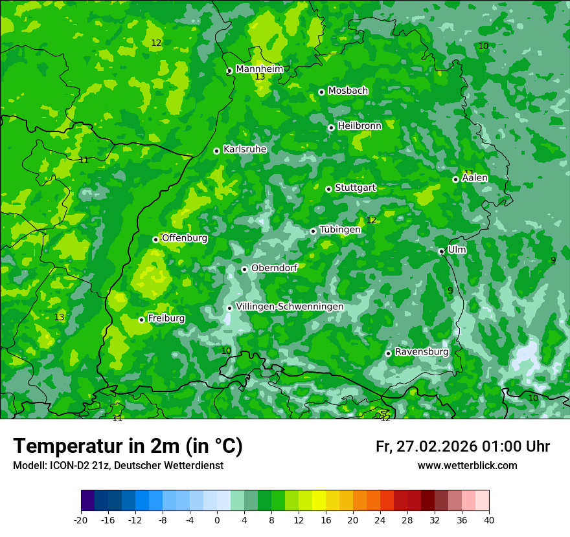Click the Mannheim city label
click(259, 69)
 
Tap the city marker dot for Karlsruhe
click(216, 151)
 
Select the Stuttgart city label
click(355, 188)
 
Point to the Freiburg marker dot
click(141, 320)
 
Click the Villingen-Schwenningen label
click(290, 306)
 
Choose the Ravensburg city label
click(421, 351)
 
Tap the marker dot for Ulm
click(441, 251)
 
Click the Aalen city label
click(475, 177)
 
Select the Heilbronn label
click(359, 126)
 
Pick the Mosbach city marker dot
click(321, 92)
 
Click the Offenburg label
click(185, 237)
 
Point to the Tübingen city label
click(340, 229)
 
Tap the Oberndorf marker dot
click(244, 269)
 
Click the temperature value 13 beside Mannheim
click(260, 77)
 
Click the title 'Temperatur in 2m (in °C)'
click(128, 446)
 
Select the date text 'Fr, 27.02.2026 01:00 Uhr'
click(462, 446)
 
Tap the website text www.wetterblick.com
click(467, 465)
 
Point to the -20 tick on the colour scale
click(81, 520)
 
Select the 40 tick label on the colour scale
click(489, 520)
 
